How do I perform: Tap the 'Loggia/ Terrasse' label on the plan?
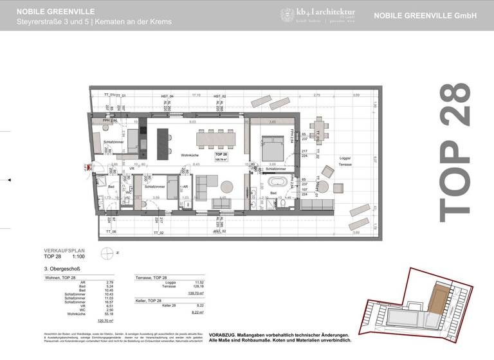point(345,161)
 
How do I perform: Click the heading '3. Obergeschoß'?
point(62,269)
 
